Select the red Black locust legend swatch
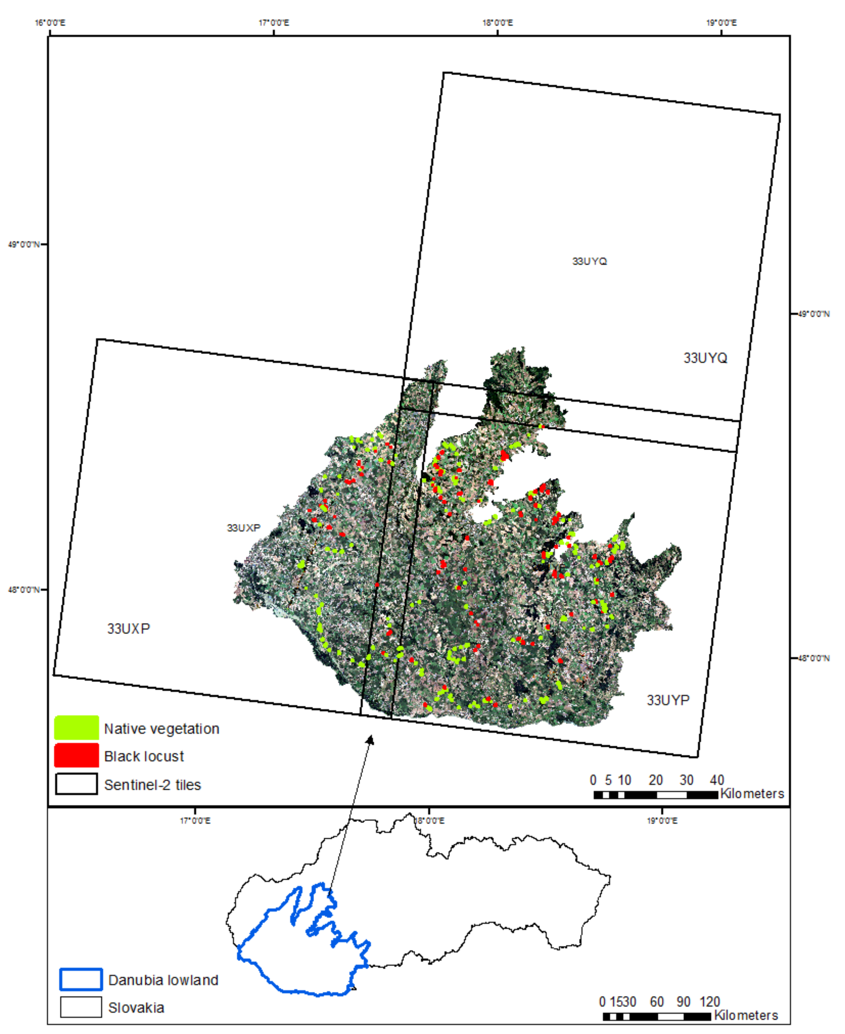click(76, 755)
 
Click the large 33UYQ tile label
click(705, 358)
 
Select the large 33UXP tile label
click(129, 628)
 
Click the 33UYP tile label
click(668, 700)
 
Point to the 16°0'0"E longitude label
click(50, 22)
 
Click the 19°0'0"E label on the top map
click(721, 22)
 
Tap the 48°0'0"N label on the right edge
click(813, 658)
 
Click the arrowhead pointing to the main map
click(371, 740)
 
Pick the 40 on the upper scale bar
click(716, 780)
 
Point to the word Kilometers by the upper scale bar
click(752, 793)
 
